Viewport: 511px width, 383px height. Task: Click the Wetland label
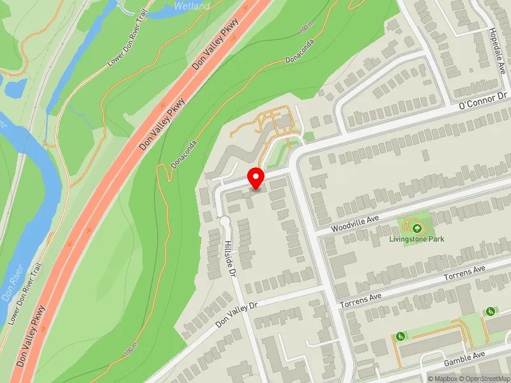click(x=192, y=6)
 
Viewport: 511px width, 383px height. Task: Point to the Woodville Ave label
click(x=356, y=223)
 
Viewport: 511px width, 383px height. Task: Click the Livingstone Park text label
click(x=417, y=239)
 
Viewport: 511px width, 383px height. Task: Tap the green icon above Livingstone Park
click(x=417, y=227)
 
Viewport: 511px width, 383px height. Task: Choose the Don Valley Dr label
click(x=236, y=314)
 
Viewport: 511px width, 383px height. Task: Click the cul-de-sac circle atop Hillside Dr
click(x=224, y=222)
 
